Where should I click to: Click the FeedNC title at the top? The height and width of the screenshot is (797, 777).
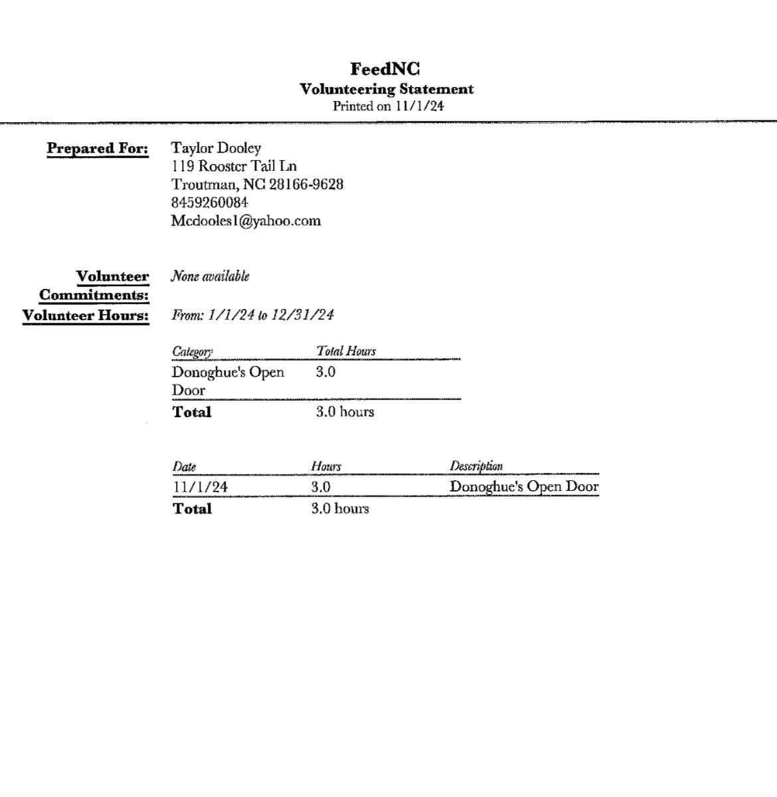385,69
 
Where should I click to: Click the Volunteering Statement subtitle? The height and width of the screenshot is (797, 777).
387,89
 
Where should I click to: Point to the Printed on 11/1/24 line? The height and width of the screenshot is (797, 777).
388,106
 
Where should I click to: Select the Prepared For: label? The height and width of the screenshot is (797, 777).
98,148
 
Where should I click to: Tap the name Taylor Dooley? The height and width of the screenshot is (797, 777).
216,148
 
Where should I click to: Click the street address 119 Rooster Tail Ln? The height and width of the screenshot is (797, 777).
234,166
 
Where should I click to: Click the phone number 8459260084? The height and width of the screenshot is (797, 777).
210,202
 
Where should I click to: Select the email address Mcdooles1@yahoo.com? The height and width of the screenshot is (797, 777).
246,221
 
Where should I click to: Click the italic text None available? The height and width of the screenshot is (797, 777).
210,276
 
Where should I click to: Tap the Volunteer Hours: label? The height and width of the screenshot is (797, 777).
86,315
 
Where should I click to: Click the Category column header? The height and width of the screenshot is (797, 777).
192,351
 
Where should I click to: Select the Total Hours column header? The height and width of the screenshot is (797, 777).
345,351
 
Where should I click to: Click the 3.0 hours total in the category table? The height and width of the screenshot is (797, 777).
345,412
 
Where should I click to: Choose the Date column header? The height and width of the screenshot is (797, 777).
184,466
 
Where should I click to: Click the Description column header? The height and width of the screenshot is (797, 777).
475,466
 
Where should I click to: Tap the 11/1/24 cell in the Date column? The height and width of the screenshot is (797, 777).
200,487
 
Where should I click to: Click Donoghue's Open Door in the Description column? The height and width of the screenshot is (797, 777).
524,486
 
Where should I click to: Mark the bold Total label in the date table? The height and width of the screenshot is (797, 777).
192,509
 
